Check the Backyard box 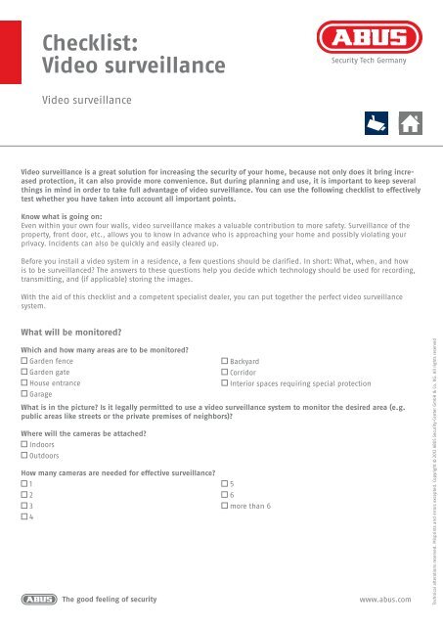225,362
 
